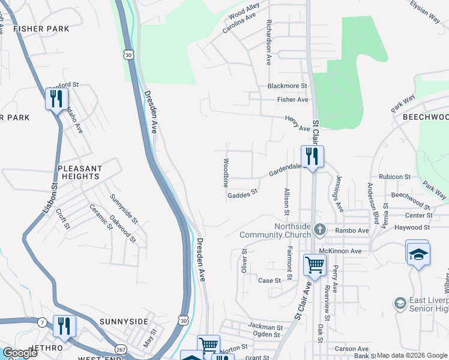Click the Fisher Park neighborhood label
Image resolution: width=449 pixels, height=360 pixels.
point(41,28)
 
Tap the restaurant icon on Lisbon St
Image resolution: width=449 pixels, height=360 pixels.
point(56,98)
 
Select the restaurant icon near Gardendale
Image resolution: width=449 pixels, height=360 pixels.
point(312,157)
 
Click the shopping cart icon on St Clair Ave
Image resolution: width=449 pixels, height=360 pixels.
point(315,265)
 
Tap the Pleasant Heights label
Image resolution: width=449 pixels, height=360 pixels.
point(79,173)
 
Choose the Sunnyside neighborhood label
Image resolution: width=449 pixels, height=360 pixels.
point(124,322)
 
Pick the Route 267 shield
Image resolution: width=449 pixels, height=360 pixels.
point(121,349)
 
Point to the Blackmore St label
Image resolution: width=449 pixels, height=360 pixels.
point(287,86)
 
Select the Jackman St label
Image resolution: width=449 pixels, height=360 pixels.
point(265,328)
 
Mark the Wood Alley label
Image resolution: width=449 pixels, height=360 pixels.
point(244,10)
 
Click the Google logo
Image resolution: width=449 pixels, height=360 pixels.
point(20,353)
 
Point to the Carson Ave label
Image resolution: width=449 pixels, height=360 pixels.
point(352,349)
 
